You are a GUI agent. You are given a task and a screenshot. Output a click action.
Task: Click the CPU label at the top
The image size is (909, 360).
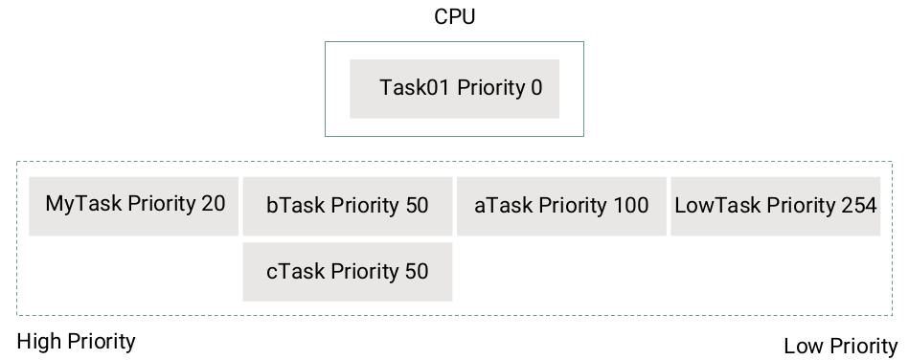[x=454, y=17]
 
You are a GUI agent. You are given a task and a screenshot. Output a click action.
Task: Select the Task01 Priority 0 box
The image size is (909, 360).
[x=454, y=89]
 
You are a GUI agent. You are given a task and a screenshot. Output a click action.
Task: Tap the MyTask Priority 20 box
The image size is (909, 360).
[x=134, y=205]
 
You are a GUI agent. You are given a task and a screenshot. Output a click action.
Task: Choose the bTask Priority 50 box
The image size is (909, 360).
[x=347, y=206]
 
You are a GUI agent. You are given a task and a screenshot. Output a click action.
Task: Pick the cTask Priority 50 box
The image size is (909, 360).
[x=347, y=272]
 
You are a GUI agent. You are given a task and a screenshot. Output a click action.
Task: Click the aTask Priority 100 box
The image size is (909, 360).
[x=560, y=206]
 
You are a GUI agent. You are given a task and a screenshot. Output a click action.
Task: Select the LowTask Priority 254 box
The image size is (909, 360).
[x=775, y=206]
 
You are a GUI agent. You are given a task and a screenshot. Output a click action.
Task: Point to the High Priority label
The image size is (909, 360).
[x=77, y=342]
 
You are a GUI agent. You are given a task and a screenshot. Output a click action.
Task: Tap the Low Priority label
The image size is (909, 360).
[x=840, y=347]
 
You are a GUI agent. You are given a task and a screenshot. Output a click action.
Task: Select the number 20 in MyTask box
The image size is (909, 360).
[x=214, y=204]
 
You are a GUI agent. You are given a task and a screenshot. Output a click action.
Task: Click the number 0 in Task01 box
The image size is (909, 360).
[x=536, y=88]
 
